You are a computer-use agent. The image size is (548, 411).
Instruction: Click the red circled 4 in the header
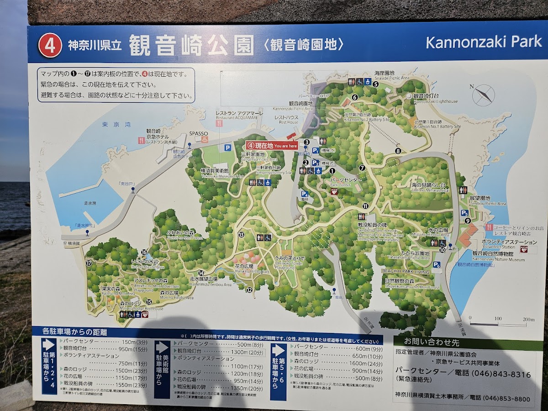click(50, 46)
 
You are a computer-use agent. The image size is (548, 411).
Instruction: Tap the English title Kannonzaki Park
click(484, 42)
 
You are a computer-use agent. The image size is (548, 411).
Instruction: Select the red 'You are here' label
click(272, 146)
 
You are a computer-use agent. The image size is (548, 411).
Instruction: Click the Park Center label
click(347, 182)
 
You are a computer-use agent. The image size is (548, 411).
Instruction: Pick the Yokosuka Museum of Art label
click(221, 173)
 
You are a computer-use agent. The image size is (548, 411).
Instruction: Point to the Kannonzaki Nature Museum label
click(498, 256)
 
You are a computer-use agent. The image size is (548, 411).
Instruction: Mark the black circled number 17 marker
click(89, 263)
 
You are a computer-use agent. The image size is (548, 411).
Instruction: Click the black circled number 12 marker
click(249, 290)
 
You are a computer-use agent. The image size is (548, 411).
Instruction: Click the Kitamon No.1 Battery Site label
click(437, 124)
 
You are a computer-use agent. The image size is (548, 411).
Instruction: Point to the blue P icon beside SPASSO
click(227, 148)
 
